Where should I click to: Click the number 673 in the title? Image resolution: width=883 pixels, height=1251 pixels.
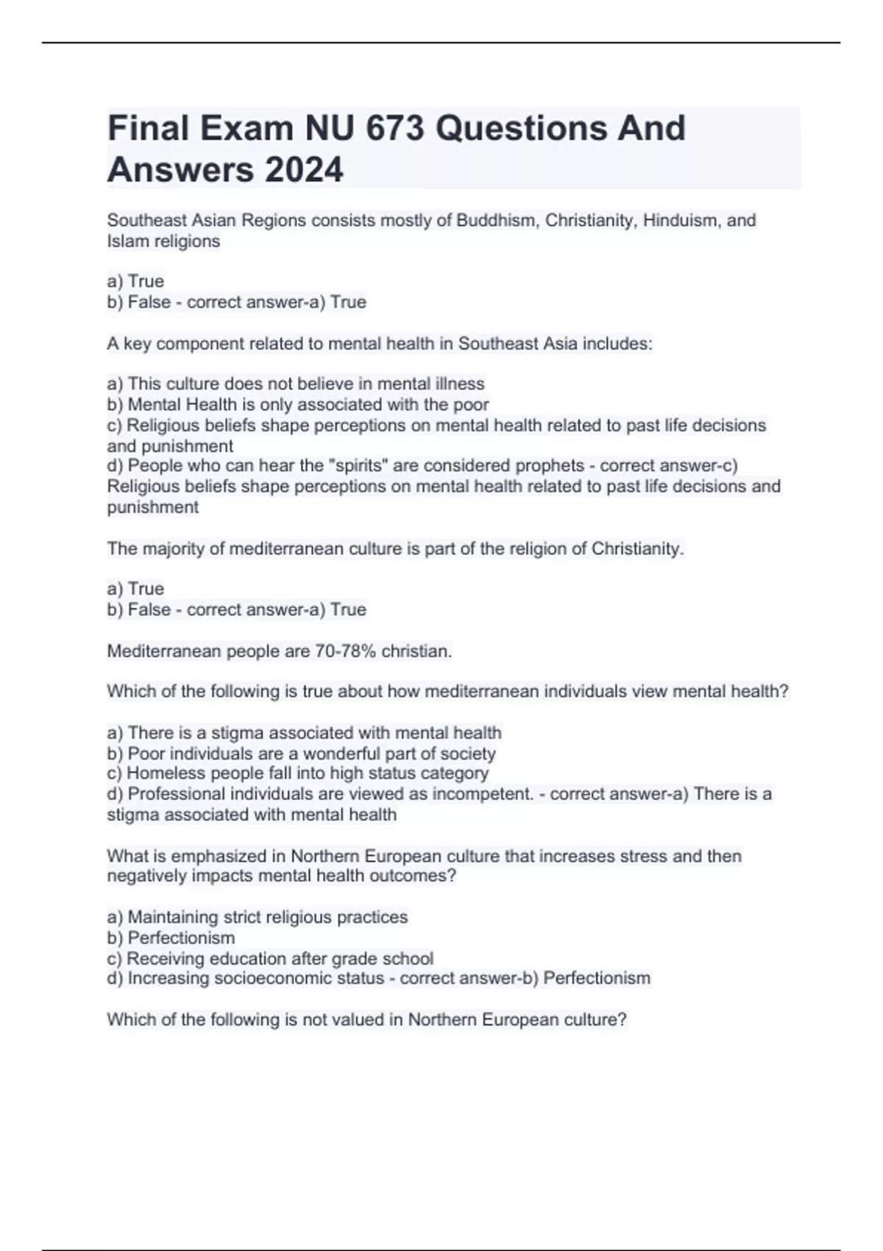point(394,128)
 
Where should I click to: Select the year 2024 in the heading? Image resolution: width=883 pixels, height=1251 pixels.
point(303,170)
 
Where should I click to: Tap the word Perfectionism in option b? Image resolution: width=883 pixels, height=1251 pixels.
point(182,938)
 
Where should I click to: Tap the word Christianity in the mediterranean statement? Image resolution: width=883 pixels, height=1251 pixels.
point(637,548)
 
